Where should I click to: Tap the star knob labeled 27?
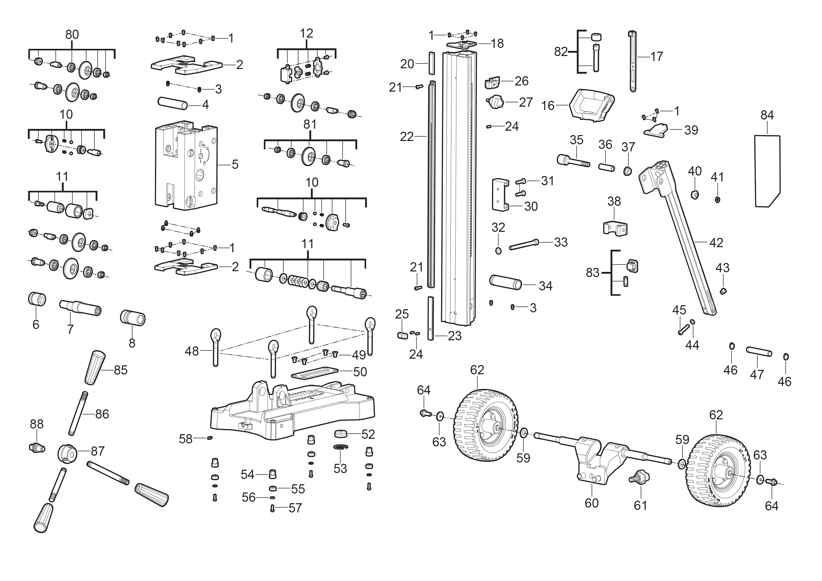[496, 102]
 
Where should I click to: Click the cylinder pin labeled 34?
[505, 282]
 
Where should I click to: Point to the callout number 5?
[235, 165]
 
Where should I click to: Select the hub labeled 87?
[67, 454]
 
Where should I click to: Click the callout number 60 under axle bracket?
[591, 503]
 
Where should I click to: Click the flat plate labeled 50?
[314, 372]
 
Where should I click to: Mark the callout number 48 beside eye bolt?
[192, 351]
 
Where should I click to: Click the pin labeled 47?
[759, 352]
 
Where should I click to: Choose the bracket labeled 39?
[656, 130]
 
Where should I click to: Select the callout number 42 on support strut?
[716, 243]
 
